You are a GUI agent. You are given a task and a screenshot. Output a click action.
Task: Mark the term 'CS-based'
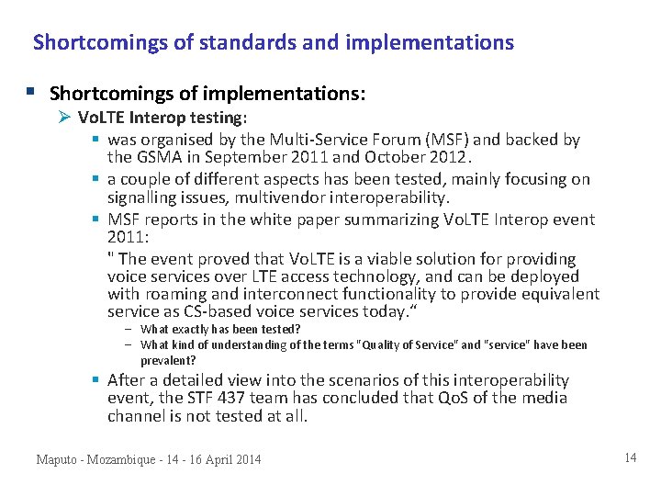tap(218, 311)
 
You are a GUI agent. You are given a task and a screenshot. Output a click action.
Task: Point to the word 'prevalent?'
tap(168, 360)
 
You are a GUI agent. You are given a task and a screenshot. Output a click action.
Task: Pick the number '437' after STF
tap(236, 398)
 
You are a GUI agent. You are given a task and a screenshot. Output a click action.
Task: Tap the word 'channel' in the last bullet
tap(136, 415)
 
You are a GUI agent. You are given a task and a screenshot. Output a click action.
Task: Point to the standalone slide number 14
tap(630, 457)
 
